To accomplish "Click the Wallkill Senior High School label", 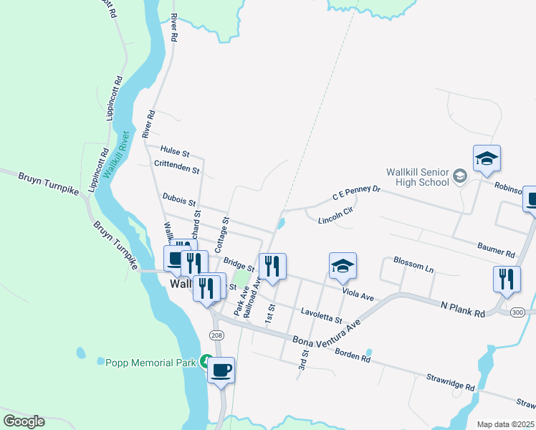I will [x=416, y=177].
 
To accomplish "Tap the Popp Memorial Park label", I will [x=150, y=363].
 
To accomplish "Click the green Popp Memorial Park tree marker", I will [x=206, y=361].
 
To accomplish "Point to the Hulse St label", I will [x=175, y=153].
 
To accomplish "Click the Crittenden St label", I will [x=176, y=168].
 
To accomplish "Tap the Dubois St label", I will [x=179, y=199].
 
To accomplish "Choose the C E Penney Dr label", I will [x=355, y=192].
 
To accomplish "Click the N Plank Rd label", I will [x=463, y=309].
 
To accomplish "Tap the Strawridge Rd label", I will [x=450, y=381].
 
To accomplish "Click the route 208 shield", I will [x=217, y=335].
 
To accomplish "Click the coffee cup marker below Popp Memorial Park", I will [x=221, y=371].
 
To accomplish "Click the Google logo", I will [x=24, y=421].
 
